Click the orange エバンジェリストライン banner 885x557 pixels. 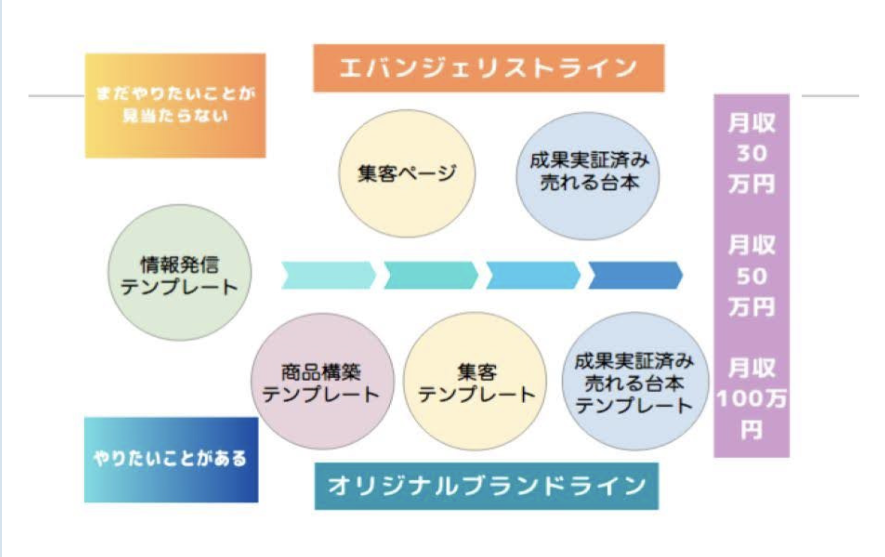click(489, 68)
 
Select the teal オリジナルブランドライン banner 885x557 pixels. click(487, 486)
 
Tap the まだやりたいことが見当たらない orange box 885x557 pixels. click(175, 105)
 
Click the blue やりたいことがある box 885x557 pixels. click(171, 459)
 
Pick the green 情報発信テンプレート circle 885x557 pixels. click(179, 272)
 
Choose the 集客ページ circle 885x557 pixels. click(406, 173)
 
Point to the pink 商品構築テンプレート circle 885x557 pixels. click(322, 381)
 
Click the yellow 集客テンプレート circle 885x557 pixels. click(475, 381)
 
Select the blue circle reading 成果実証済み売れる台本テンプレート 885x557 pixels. click(634, 381)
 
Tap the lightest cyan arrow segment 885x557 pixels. click(328, 275)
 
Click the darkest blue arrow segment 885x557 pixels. click(635, 275)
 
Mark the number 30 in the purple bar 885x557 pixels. click(752, 153)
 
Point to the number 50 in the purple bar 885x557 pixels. click(752, 276)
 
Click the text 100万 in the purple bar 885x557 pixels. click(751, 399)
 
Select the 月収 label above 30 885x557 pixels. click(752, 123)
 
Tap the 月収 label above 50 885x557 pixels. click(752, 245)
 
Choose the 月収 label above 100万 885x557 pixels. click(752, 368)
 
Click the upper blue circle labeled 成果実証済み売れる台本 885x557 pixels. click(588, 176)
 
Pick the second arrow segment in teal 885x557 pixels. click(431, 275)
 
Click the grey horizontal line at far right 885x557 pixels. click(830, 96)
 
